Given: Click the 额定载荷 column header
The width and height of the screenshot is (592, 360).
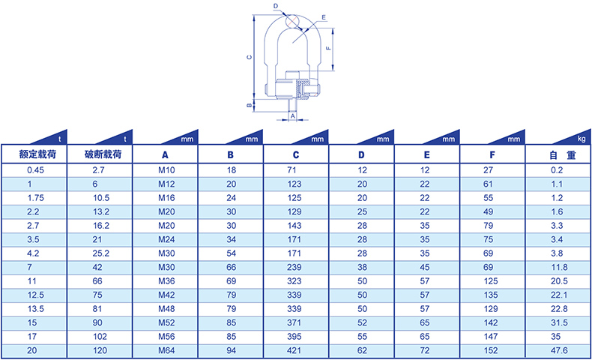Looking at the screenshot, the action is click(x=37, y=154).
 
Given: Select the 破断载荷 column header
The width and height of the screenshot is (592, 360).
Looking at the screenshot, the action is click(x=103, y=154).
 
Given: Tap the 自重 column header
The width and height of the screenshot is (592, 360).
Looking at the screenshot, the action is click(x=563, y=155).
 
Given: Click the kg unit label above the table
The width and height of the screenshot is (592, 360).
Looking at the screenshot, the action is click(x=582, y=139).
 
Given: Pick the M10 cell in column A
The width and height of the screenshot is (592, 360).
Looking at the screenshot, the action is click(x=166, y=170).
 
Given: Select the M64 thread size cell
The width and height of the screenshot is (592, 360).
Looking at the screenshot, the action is click(x=166, y=350).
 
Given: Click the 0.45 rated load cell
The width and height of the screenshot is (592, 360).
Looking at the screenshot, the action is click(x=35, y=170).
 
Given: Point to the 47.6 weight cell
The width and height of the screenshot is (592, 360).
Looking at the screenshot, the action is click(x=559, y=350).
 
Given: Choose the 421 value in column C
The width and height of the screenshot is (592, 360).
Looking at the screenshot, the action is click(x=294, y=350).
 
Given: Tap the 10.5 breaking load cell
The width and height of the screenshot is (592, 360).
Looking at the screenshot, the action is click(x=101, y=198).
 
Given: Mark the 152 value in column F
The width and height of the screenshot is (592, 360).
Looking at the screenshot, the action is click(x=491, y=350).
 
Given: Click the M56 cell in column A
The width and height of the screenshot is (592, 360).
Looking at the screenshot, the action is click(x=166, y=337).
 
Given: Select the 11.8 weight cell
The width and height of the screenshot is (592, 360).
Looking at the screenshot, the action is click(x=559, y=268).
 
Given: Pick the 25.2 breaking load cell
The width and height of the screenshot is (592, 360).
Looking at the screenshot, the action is click(x=101, y=253).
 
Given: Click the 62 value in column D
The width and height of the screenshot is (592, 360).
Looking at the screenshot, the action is click(x=362, y=350).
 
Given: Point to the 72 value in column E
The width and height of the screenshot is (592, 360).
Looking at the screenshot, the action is click(x=425, y=350).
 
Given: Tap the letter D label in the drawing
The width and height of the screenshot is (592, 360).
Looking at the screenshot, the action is click(x=276, y=6).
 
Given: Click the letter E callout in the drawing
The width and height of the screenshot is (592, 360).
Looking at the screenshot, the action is click(x=324, y=17).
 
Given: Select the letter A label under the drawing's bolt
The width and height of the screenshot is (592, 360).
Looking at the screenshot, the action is click(x=292, y=116).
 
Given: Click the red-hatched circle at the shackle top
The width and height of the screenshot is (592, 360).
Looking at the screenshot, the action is click(x=292, y=21).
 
